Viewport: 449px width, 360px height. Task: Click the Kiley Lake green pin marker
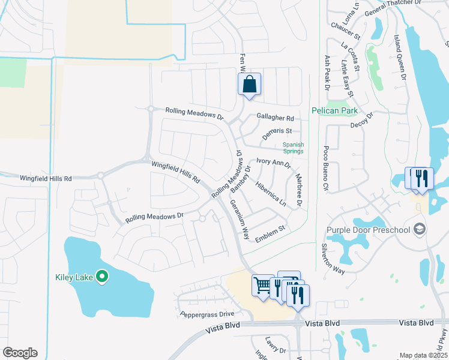[x=102, y=277]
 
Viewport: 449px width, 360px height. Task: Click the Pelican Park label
[x=334, y=110]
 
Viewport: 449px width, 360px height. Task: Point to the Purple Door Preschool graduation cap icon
[x=419, y=229]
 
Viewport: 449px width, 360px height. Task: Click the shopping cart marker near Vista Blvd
[x=262, y=285]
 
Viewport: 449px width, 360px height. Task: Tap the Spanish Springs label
[x=294, y=148]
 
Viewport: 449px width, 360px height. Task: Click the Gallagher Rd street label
[x=276, y=118]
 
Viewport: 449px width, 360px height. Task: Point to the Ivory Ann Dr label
[x=273, y=162]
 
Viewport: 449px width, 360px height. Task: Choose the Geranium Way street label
[x=238, y=220]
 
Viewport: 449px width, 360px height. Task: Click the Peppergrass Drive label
[x=206, y=314]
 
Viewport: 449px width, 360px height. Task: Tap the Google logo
[x=20, y=353]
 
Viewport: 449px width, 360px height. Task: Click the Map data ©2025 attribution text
[x=423, y=355]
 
